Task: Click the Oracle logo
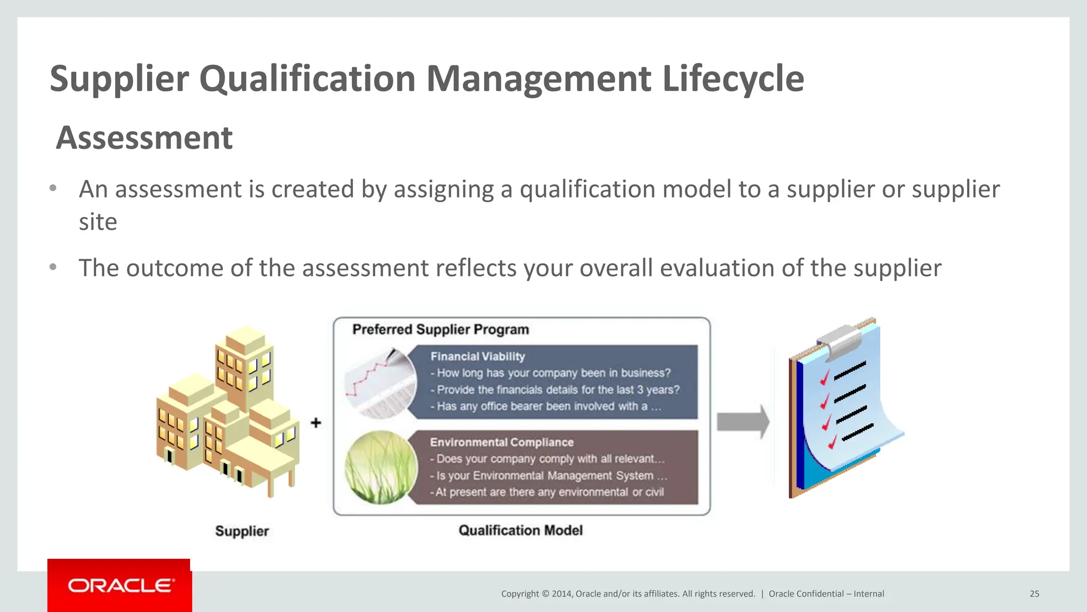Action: [x=120, y=585]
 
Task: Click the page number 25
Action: [x=1034, y=594]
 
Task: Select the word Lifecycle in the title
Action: [x=733, y=79]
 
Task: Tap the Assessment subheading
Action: [x=144, y=138]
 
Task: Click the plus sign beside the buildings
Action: [x=316, y=423]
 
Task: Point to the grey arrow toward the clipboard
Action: [x=743, y=422]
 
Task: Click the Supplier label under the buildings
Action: [x=242, y=531]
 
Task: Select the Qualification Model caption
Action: [x=520, y=530]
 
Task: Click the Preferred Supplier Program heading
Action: [x=441, y=329]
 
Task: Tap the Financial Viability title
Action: [x=477, y=356]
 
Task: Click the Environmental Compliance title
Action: [x=502, y=442]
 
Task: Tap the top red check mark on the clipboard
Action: [x=824, y=378]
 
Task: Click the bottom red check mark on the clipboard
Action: [x=831, y=441]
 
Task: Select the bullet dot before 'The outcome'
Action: [x=53, y=267]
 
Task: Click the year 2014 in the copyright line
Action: [x=561, y=594]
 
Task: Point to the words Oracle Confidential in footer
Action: [x=806, y=594]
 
